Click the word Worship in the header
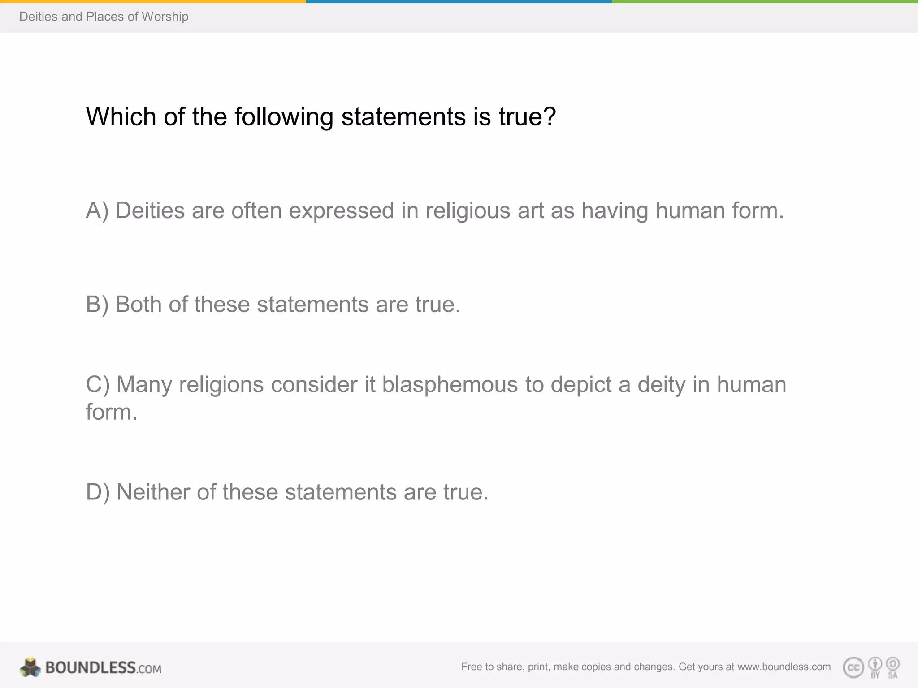165,17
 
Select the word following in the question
284,117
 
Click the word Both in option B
138,305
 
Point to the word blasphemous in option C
450,385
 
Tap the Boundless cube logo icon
30,667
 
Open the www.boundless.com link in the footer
784,667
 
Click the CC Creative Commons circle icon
853,668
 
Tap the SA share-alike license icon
892,667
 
